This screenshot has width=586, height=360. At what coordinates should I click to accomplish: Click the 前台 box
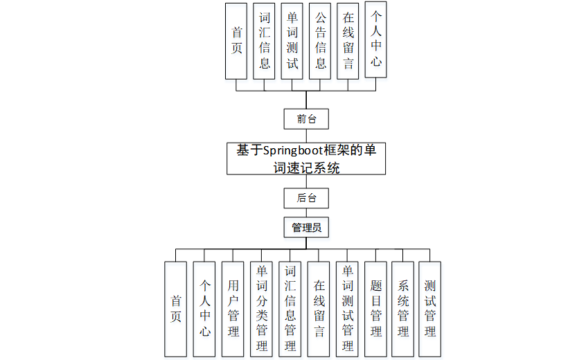point(306,118)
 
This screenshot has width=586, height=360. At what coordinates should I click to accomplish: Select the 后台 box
point(306,198)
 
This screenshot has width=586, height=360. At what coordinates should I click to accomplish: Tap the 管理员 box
point(306,226)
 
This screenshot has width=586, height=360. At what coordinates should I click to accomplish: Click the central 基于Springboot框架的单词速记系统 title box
point(306,159)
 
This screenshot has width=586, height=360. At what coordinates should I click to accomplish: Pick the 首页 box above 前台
point(237,42)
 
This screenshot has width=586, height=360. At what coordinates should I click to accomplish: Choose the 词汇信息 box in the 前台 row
point(265,42)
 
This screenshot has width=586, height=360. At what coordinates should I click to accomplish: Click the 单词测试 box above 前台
point(292,42)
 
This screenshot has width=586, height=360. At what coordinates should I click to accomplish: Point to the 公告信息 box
point(321,42)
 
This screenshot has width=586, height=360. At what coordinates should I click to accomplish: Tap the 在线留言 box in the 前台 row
point(348,42)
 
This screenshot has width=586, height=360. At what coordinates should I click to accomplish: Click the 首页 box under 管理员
point(176,309)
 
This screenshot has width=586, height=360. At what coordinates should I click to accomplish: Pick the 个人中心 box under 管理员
point(204,309)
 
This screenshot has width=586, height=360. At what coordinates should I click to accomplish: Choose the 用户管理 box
point(233,309)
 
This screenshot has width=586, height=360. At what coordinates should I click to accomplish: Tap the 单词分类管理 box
point(262,309)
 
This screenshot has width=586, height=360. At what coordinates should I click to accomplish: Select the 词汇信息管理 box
point(290,309)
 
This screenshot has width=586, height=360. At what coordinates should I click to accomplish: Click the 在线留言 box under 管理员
point(319,309)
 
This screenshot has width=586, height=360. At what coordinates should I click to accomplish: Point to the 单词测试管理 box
point(347,309)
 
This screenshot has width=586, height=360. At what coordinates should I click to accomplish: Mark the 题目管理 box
point(375,309)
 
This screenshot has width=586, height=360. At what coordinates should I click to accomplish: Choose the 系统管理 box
point(402,309)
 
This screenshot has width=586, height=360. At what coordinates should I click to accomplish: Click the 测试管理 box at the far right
point(429,309)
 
